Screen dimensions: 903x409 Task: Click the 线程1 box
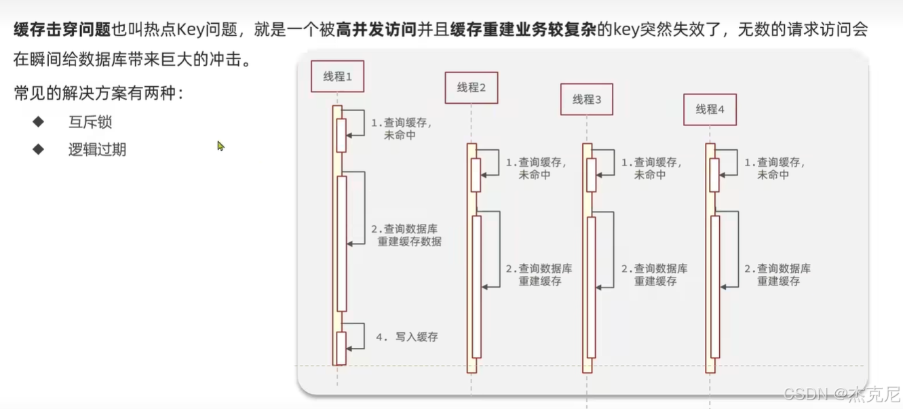(x=337, y=77)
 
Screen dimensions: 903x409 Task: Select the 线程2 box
(x=472, y=87)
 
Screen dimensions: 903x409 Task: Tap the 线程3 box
(x=587, y=99)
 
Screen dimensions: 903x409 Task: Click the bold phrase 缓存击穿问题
(x=62, y=30)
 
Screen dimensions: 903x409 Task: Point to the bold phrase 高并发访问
(x=376, y=30)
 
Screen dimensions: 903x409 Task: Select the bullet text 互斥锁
(x=90, y=122)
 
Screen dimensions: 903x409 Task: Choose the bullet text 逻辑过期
(x=97, y=150)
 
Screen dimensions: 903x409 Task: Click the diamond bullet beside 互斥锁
(x=38, y=122)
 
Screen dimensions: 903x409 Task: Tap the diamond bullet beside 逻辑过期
(x=38, y=149)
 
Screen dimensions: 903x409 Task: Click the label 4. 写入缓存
(x=407, y=336)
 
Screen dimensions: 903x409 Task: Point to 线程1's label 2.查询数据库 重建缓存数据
(x=406, y=235)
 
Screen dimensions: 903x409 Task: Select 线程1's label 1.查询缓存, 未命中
(x=401, y=129)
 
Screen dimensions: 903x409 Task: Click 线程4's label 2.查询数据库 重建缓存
(x=777, y=275)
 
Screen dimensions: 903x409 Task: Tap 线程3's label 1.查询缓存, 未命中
(x=651, y=169)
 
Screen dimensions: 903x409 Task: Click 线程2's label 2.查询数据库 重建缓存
(x=539, y=275)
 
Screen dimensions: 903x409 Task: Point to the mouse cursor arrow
(x=220, y=146)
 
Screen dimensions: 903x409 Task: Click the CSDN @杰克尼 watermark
(x=841, y=394)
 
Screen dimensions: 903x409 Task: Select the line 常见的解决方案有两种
(x=99, y=94)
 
